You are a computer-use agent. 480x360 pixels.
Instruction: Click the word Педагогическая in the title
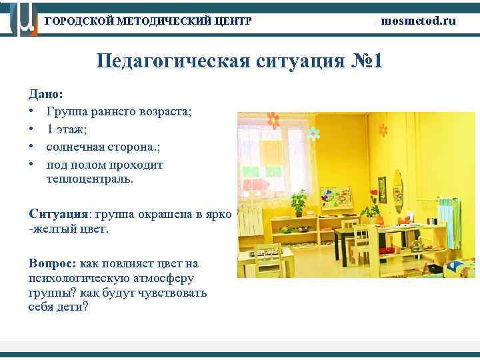171,62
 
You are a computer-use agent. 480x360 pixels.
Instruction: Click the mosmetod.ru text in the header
419,21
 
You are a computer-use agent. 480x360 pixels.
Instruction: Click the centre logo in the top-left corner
21,19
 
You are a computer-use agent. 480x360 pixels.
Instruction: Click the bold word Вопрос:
53,264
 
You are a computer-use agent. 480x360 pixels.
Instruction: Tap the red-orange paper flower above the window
273,121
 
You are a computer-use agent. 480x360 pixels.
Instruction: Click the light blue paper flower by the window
313,135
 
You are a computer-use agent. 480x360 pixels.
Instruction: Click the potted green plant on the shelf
300,200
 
